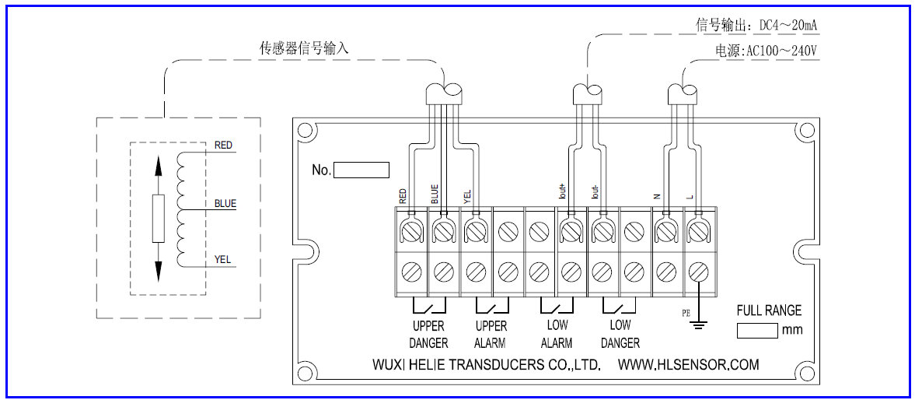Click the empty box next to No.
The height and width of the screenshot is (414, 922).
tap(361, 170)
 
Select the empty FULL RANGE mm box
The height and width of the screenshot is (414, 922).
tap(756, 330)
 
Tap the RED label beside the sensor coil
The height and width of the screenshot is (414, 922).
tap(223, 146)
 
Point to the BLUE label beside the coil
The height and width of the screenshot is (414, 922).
tap(225, 204)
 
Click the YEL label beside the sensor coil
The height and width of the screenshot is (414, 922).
tap(223, 260)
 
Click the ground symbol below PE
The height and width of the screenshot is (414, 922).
tap(700, 323)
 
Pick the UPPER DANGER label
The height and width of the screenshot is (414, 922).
tap(428, 334)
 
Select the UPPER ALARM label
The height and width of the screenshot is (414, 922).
tap(491, 334)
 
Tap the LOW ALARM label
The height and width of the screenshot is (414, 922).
tap(556, 334)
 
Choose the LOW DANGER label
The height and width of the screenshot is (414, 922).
tap(620, 334)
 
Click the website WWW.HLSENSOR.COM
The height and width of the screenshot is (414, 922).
tap(688, 364)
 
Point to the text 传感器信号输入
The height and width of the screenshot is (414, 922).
tap(304, 48)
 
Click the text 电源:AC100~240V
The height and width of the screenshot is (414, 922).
tap(767, 51)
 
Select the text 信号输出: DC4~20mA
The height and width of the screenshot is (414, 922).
tap(756, 26)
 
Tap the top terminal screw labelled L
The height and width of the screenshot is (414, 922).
tap(698, 231)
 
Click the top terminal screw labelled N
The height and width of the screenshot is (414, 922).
tap(665, 231)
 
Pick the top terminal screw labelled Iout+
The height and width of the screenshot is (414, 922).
tap(571, 231)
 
